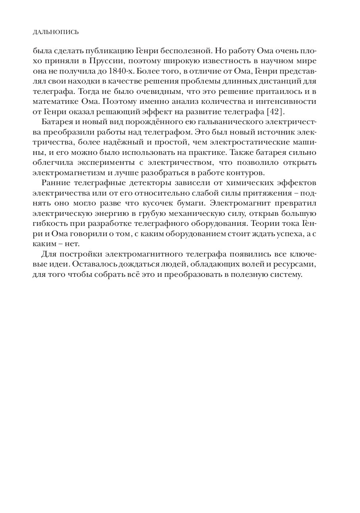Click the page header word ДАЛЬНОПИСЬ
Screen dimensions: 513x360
(55, 32)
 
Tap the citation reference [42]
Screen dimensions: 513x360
(274, 111)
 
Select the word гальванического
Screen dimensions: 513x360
(232, 122)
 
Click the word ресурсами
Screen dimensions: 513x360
(298, 265)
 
